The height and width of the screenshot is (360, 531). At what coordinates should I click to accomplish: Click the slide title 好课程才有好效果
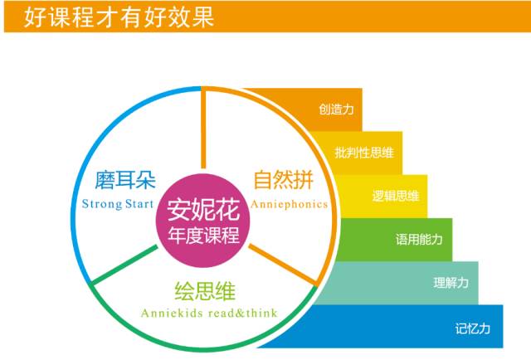pos(119,17)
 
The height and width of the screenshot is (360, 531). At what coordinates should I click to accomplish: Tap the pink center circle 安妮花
pos(202,220)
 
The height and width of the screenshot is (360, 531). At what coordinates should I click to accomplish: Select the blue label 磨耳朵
pos(125,180)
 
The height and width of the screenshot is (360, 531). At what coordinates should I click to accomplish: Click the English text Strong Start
pos(118,204)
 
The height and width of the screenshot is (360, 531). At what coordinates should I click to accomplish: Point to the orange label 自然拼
pos(284,179)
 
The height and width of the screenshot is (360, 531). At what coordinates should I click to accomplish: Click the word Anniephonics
pos(290,204)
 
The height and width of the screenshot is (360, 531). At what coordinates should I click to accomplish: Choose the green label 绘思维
pos(205,291)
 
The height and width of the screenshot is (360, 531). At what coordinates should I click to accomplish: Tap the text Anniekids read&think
pos(209,313)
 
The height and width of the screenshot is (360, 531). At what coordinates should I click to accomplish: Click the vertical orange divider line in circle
pos(203,129)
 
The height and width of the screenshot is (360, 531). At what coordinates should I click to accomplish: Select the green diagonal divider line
pos(124,265)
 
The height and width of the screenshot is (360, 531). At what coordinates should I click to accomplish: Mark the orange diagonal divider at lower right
pos(282,265)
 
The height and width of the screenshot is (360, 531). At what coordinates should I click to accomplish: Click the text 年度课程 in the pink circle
pos(203,235)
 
